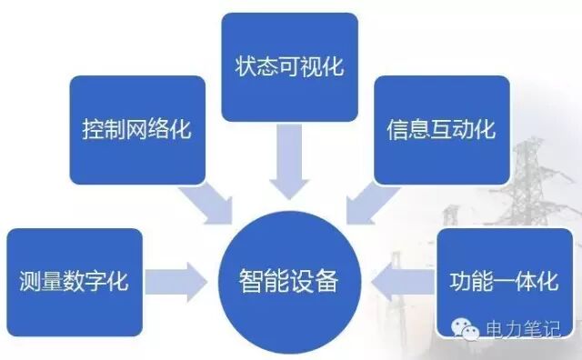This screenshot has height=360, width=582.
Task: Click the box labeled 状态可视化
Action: click(x=290, y=65)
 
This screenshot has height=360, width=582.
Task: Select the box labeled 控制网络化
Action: click(x=136, y=128)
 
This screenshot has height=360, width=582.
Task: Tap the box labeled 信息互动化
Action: click(x=443, y=128)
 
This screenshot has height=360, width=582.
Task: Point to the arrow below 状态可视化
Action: click(x=290, y=159)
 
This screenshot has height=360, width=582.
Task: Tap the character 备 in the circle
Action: click(x=327, y=280)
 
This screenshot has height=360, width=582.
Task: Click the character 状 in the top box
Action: click(x=246, y=66)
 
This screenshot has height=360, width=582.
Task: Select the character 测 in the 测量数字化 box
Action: click(x=28, y=281)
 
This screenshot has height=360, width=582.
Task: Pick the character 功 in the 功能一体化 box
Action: click(x=459, y=281)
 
